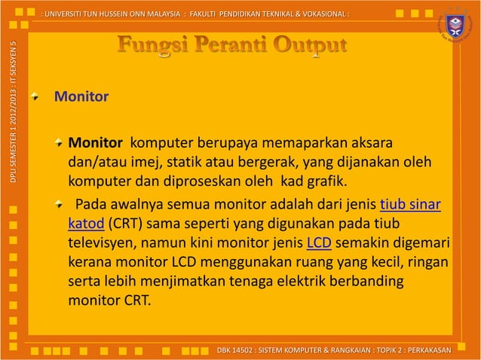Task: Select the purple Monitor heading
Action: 81,97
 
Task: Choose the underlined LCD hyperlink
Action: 320,243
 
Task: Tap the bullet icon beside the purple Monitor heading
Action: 35,97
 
